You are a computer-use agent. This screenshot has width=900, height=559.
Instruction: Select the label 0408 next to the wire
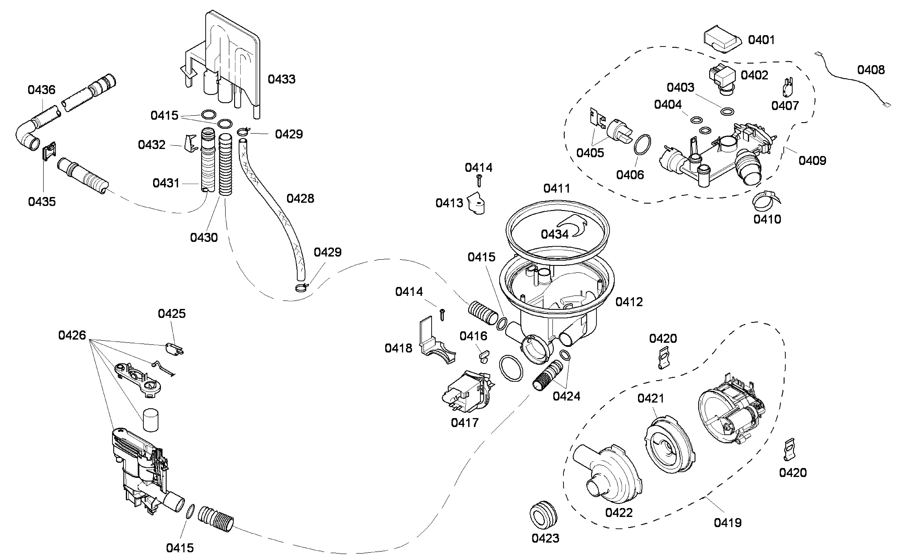[x=871, y=70]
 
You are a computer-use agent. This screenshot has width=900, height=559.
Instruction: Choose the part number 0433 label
[x=281, y=79]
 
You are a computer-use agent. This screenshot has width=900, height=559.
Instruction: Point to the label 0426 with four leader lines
[x=72, y=335]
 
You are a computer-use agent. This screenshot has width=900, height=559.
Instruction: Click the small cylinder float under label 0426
[x=150, y=420]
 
